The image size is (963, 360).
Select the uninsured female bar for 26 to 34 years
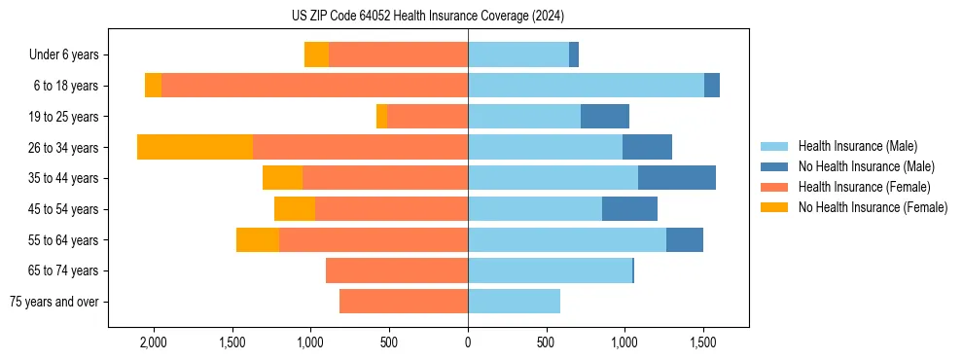[x=195, y=147]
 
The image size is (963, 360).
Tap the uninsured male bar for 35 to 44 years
[x=676, y=178]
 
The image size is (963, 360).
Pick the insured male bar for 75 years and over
[x=514, y=302]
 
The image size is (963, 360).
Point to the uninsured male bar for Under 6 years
[x=574, y=54]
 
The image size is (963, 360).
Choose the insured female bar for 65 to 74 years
[x=397, y=270]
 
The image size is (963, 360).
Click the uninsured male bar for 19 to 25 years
[x=604, y=117]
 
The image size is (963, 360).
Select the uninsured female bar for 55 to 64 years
[x=258, y=239]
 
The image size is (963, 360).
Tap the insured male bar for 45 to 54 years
[x=535, y=209]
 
